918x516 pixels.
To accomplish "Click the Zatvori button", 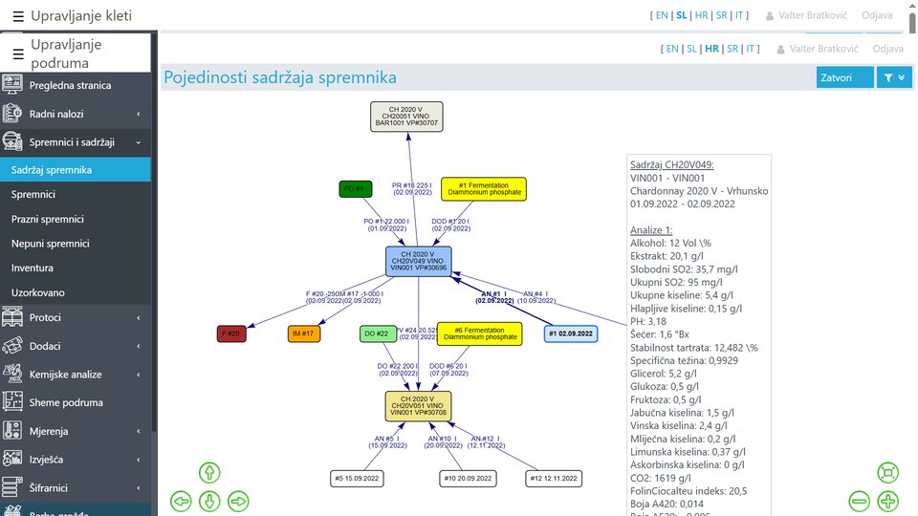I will (845, 77).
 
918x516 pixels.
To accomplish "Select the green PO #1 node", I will (355, 189).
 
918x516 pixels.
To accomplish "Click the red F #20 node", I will (231, 333).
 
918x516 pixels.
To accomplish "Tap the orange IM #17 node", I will (304, 333).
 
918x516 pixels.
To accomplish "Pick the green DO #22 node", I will (376, 333).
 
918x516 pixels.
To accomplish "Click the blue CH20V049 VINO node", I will (418, 261).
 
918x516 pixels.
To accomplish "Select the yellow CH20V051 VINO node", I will (418, 406).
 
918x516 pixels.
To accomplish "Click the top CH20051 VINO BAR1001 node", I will (407, 117).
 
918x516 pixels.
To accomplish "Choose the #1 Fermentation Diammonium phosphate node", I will (484, 189).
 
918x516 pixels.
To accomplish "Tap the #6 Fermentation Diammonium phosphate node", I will (479, 333).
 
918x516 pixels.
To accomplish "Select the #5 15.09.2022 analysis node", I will (357, 478).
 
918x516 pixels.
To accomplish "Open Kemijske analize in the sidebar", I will (66, 375).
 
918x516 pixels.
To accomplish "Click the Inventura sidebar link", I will (33, 269).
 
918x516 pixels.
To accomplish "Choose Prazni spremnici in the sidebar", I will (47, 219).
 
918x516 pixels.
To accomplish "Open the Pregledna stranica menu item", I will (70, 86).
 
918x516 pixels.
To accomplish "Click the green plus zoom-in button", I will (887, 501).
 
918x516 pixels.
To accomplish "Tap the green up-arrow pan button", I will (209, 472).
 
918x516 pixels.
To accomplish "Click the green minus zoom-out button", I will (859, 501).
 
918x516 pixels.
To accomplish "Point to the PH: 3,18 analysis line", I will (648, 321).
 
